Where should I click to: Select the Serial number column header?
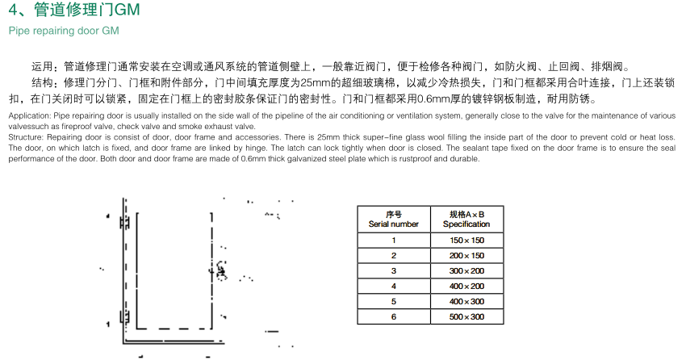coord(394,220)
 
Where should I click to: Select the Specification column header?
coord(466,220)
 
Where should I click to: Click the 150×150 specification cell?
coord(466,241)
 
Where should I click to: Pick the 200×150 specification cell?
coord(466,256)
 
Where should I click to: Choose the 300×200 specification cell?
coord(466,271)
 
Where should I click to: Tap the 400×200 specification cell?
coord(466,287)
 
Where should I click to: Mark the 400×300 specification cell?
coord(466,302)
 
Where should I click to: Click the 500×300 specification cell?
coord(466,317)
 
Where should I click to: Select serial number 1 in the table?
coord(394,241)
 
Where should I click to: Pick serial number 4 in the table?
coord(394,287)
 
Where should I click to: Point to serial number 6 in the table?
coord(394,317)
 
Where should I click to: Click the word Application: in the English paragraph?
coord(28,116)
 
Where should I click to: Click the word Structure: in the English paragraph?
coord(25,137)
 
